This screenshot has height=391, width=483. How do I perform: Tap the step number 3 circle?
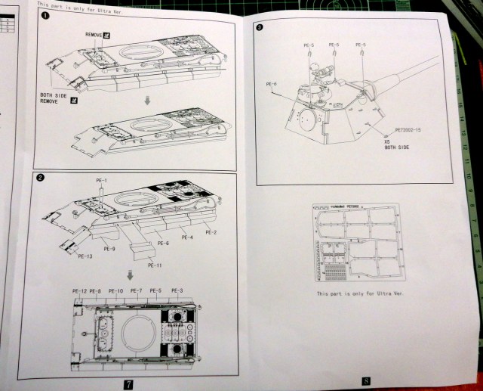coord(260,29)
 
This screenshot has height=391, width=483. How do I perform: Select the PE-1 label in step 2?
coord(102,180)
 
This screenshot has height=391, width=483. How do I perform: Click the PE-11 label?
coord(155,265)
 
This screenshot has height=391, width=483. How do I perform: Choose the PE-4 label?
coord(186,238)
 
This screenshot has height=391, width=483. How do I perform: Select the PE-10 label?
coord(115,291)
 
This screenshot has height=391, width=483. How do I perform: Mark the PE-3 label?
coord(177,291)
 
